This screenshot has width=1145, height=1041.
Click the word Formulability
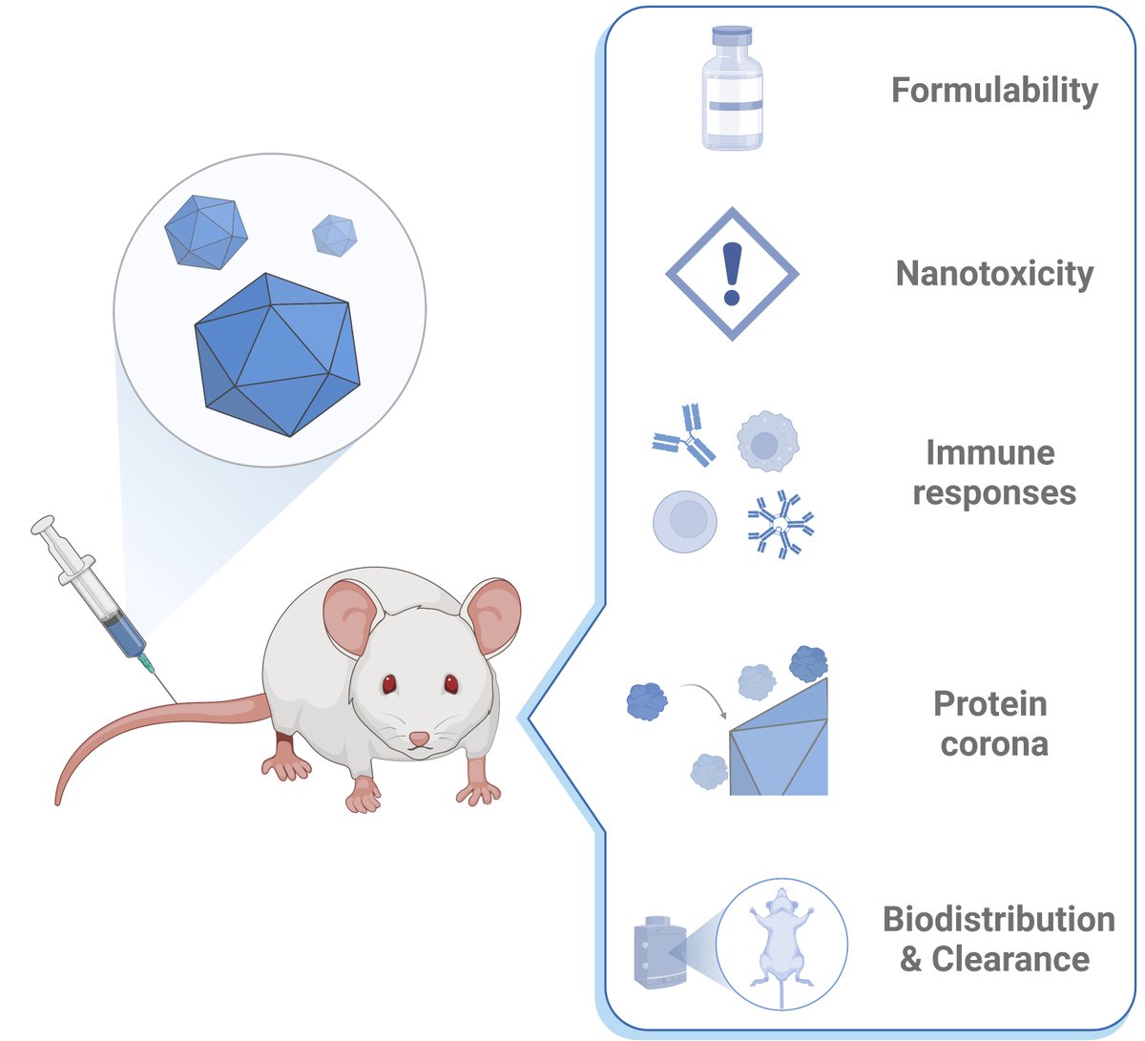click(994, 91)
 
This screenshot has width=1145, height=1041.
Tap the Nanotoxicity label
click(994, 274)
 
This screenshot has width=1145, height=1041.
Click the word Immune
click(990, 452)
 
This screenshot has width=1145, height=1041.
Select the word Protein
click(990, 704)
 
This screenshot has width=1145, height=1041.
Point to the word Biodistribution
click(998, 919)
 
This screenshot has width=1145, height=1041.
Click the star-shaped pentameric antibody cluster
click(781, 524)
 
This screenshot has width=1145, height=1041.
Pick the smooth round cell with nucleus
click(685, 521)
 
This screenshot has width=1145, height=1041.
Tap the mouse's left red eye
click(389, 683)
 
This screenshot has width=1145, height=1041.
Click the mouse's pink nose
click(420, 739)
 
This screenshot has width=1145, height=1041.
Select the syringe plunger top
click(44, 524)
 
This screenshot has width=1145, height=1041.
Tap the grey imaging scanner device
click(660, 952)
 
